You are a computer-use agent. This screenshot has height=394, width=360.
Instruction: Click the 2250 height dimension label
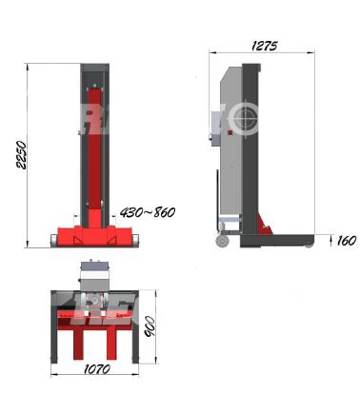(22, 155)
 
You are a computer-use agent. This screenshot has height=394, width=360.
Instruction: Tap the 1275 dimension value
(264, 47)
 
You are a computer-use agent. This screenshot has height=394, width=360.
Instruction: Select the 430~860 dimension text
(148, 212)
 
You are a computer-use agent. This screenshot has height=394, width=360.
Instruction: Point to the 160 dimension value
(347, 241)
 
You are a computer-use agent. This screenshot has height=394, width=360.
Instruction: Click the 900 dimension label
(150, 326)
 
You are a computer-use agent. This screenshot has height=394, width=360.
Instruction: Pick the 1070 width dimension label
(97, 369)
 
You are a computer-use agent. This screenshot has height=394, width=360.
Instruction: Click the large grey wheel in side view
(223, 241)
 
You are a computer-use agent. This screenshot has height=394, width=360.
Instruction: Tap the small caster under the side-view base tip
(309, 246)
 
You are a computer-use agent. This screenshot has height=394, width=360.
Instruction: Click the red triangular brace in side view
(265, 224)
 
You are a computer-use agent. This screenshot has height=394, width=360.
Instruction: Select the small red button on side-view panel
(230, 132)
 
